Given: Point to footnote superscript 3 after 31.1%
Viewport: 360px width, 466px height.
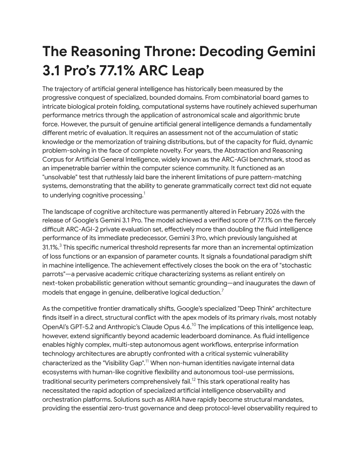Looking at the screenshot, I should (61, 246).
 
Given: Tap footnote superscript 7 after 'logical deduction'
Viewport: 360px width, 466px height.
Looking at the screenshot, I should (223, 291).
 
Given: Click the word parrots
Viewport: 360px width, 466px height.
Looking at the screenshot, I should (55, 274).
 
